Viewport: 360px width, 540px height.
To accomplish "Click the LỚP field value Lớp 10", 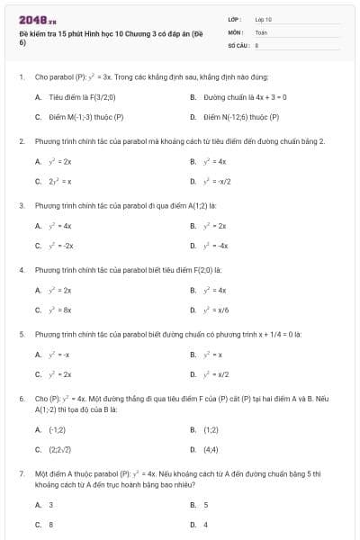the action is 263,19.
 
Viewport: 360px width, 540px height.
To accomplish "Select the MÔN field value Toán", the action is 261,31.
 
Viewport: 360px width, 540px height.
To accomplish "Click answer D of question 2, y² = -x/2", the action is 216,181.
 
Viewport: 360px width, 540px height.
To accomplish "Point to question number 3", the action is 21,205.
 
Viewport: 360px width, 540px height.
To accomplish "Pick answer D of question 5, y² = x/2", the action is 216,373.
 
